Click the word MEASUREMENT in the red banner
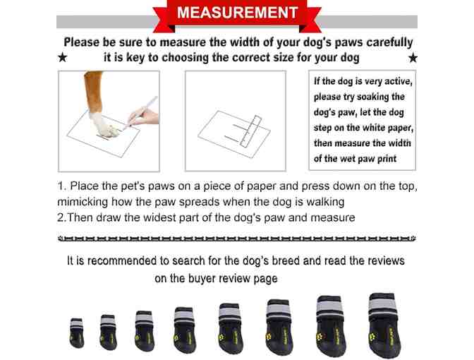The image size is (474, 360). point(238,13)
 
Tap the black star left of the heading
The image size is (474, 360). point(62,57)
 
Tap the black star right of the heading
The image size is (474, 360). point(413,57)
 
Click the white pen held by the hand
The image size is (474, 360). point(142,111)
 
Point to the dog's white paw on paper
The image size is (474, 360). point(105,126)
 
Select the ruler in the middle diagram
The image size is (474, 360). point(250,131)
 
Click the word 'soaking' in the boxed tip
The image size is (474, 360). point(372,97)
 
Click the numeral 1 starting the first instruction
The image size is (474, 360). point(61,186)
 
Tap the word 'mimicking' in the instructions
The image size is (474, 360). point(83,202)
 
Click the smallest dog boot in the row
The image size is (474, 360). point(77,332)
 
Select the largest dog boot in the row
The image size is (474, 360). point(384,325)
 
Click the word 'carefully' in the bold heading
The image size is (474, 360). point(389,42)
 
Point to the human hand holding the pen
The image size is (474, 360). point(143,116)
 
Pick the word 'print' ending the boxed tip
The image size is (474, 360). point(387,159)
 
